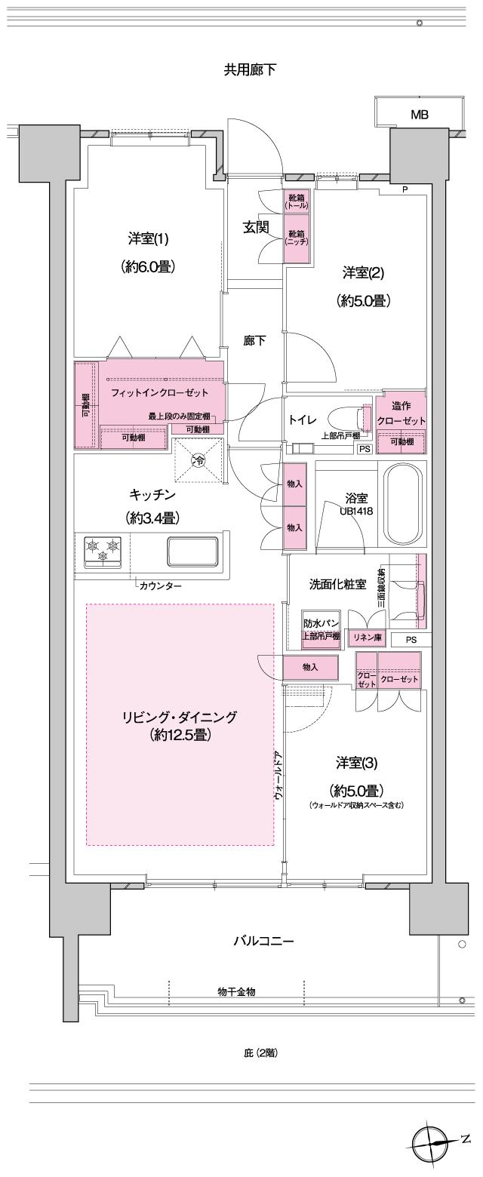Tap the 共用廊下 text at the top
click(x=249, y=70)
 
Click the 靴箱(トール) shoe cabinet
click(x=296, y=202)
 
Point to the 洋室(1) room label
click(x=148, y=239)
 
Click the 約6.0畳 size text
click(x=148, y=266)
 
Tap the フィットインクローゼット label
click(x=158, y=393)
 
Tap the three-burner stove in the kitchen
click(x=102, y=548)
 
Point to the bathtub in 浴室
click(x=405, y=503)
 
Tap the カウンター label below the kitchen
click(x=160, y=585)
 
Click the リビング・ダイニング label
click(x=180, y=717)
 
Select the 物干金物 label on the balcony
click(x=236, y=991)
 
